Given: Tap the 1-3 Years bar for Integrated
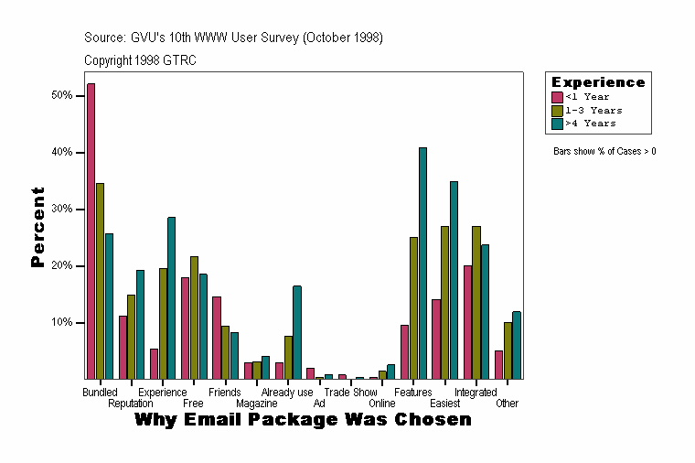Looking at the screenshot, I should pos(476,303).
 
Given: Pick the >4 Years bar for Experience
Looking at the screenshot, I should pos(171,298).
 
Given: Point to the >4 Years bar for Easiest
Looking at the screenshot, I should pos(454,280).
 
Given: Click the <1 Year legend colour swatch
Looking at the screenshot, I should pos(557,97).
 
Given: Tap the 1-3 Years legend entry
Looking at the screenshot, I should pos(593,110).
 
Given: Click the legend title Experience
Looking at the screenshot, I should pos(598,82).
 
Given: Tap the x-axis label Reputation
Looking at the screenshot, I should pos(130,404).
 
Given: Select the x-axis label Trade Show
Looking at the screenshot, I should pos(350,393).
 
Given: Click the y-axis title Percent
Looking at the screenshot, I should pos(37,227).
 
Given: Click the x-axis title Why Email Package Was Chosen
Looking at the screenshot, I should pos(303,420).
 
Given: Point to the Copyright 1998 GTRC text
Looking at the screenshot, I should pos(140,60).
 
